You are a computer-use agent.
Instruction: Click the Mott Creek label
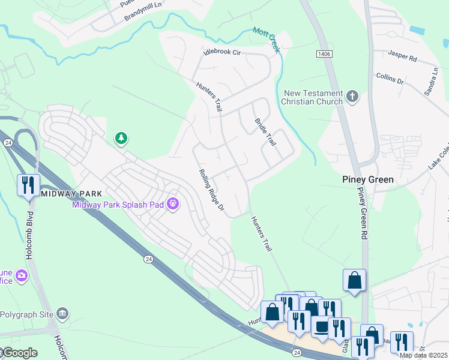(x=266, y=40)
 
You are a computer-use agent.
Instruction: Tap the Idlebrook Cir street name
(x=222, y=53)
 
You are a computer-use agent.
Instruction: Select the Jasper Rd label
(x=402, y=58)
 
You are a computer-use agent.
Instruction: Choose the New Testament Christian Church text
(x=313, y=97)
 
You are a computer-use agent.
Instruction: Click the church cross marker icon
(x=352, y=96)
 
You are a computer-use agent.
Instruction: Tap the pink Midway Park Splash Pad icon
(x=173, y=205)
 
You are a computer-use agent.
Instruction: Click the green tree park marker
(x=121, y=139)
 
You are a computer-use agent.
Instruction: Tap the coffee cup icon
(x=321, y=328)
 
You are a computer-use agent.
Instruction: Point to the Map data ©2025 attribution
(x=423, y=356)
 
